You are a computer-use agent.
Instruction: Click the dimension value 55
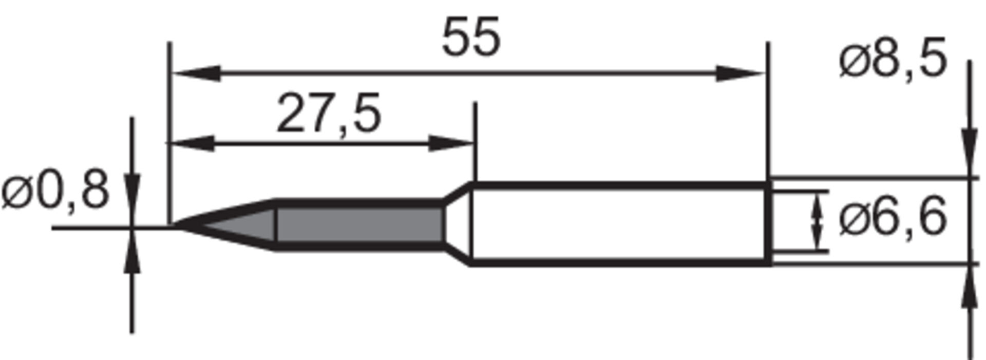(470, 39)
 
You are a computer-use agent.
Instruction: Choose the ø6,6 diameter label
(893, 218)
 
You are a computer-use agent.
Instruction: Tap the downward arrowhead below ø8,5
(969, 154)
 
